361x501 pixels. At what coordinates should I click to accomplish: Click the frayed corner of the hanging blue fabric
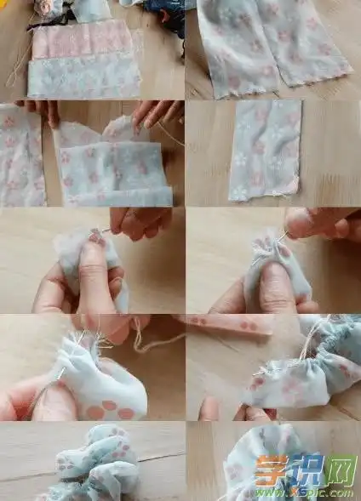[294, 185]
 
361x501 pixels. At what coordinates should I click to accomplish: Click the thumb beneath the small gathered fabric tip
[277, 289]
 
